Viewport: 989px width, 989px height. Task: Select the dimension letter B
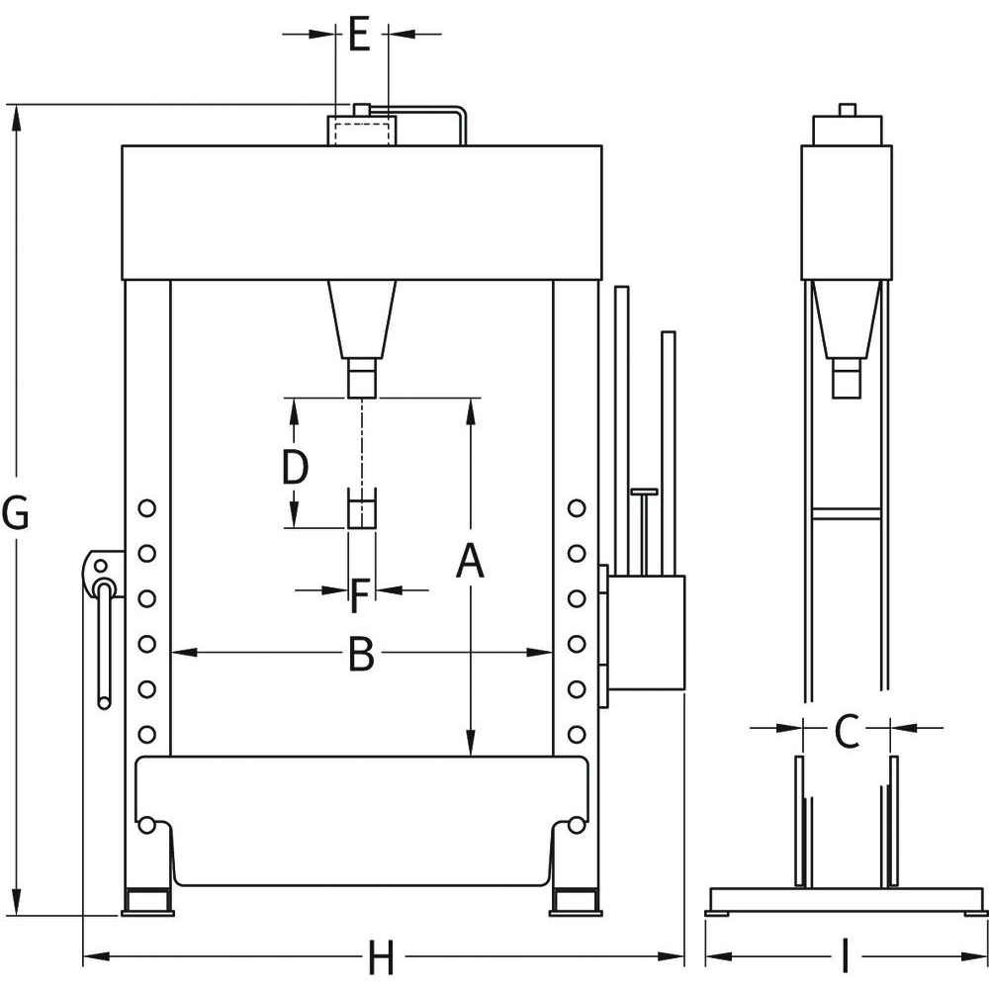[362, 654]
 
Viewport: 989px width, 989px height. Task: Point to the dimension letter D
[295, 467]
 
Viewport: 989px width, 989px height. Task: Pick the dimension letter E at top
[359, 36]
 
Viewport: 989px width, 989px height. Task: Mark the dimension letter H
[381, 957]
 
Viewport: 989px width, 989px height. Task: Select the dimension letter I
[845, 957]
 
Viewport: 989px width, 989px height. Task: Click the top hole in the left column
[147, 507]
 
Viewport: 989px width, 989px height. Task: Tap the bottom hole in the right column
[576, 734]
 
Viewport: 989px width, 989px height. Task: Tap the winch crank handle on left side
[104, 643]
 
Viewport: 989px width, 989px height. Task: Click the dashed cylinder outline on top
[361, 132]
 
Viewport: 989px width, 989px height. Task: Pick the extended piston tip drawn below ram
[362, 509]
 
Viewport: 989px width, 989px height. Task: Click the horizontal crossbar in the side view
[847, 512]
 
